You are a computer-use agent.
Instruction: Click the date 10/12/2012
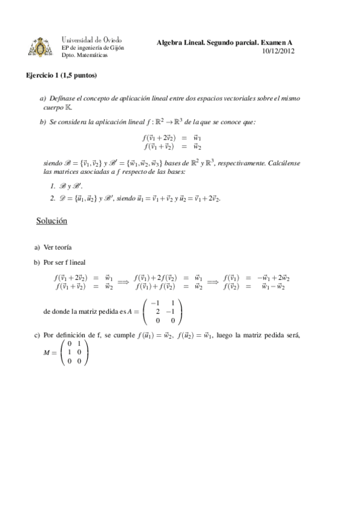278,51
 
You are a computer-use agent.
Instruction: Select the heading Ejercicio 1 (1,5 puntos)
61,76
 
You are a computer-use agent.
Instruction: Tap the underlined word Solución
52,221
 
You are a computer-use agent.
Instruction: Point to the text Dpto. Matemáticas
85,55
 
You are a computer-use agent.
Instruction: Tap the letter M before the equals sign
47,352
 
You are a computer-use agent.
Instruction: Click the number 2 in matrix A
157,312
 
